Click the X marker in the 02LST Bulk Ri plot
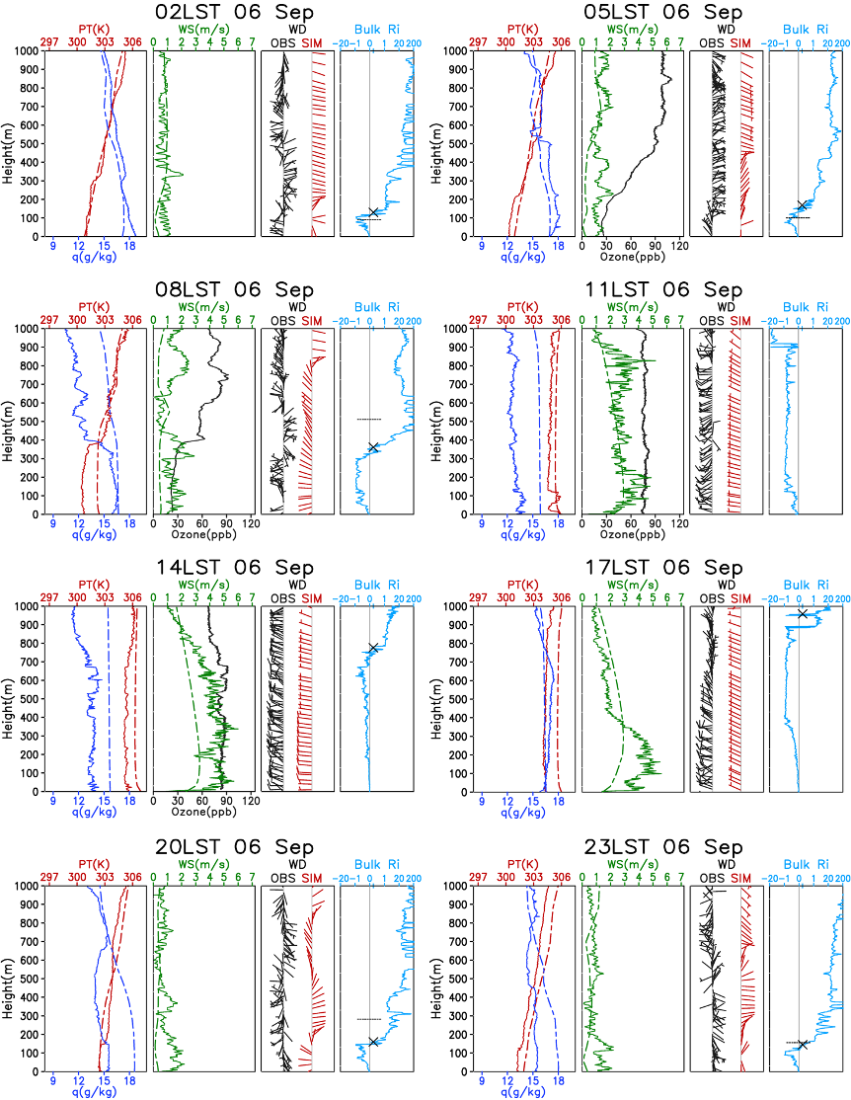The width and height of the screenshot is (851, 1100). (374, 212)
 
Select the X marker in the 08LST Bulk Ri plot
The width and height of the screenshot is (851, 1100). (373, 447)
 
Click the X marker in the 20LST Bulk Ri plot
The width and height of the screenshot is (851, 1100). (373, 1043)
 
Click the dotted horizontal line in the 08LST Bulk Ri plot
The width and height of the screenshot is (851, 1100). (368, 420)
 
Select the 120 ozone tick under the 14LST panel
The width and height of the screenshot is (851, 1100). (251, 801)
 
